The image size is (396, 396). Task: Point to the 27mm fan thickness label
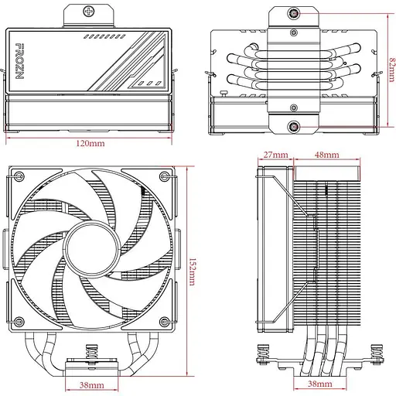(x=275, y=155)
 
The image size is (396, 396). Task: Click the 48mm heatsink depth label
(x=326, y=155)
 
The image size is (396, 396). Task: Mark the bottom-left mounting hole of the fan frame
(x=17, y=320)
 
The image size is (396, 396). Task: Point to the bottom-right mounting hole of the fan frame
(x=169, y=320)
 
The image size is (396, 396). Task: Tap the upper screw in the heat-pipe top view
(x=295, y=14)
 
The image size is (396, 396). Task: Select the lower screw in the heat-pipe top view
(x=295, y=125)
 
